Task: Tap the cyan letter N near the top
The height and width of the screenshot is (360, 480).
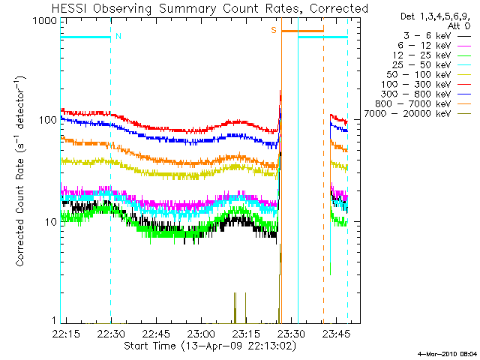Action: point(118,35)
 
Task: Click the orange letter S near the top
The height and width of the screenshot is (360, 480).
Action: point(274,31)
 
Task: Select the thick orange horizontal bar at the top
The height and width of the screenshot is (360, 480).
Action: point(302,31)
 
